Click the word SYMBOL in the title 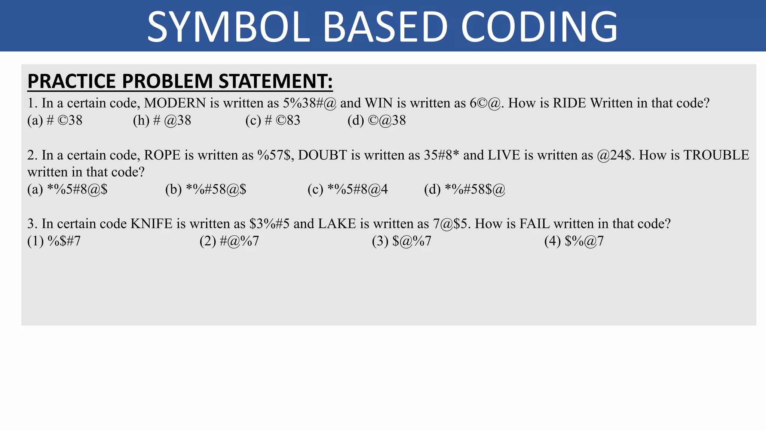point(229,27)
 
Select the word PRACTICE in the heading point(72,81)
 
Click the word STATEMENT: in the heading point(275,81)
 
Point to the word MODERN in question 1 point(175,103)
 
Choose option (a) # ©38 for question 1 point(55,120)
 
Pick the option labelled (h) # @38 point(162,120)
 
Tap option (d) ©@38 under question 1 point(377,120)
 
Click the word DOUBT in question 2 point(322,155)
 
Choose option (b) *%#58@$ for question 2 point(206,189)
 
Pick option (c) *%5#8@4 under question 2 point(347,189)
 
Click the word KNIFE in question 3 point(151,224)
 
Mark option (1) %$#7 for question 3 point(54,241)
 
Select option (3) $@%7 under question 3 point(401,241)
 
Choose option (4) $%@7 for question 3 point(574,241)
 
